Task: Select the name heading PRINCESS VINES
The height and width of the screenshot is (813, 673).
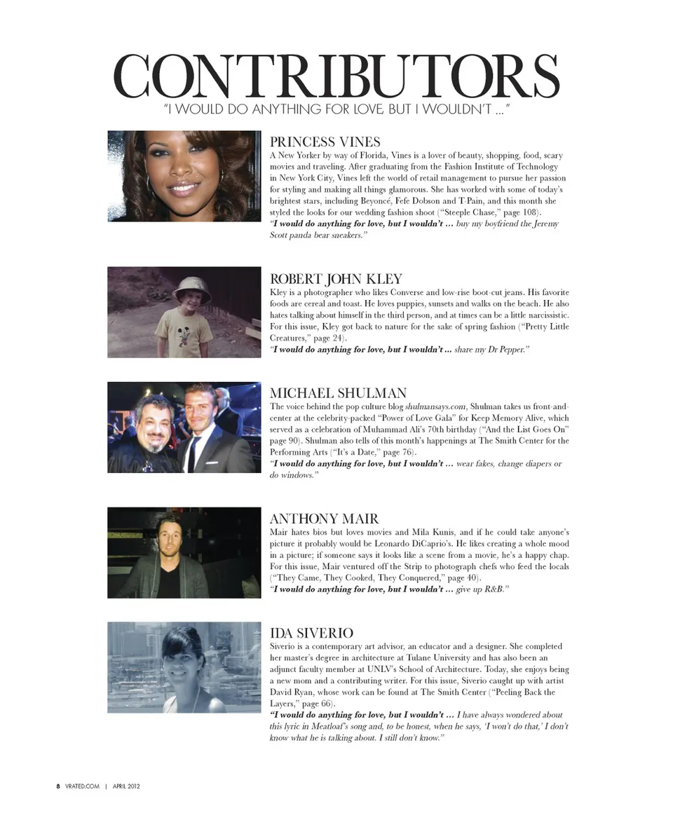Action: [325, 142]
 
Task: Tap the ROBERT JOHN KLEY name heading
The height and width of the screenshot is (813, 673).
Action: [336, 278]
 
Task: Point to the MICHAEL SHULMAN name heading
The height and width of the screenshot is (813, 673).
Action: [338, 393]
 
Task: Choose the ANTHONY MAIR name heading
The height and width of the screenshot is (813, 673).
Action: [324, 519]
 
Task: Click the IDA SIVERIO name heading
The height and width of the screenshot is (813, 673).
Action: [311, 634]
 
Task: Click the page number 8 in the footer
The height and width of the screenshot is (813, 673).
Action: [58, 786]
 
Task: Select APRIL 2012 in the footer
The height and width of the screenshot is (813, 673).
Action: [127, 786]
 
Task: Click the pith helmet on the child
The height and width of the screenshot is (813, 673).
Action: [191, 287]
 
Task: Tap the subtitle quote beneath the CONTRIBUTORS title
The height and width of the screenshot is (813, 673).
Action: [336, 109]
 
